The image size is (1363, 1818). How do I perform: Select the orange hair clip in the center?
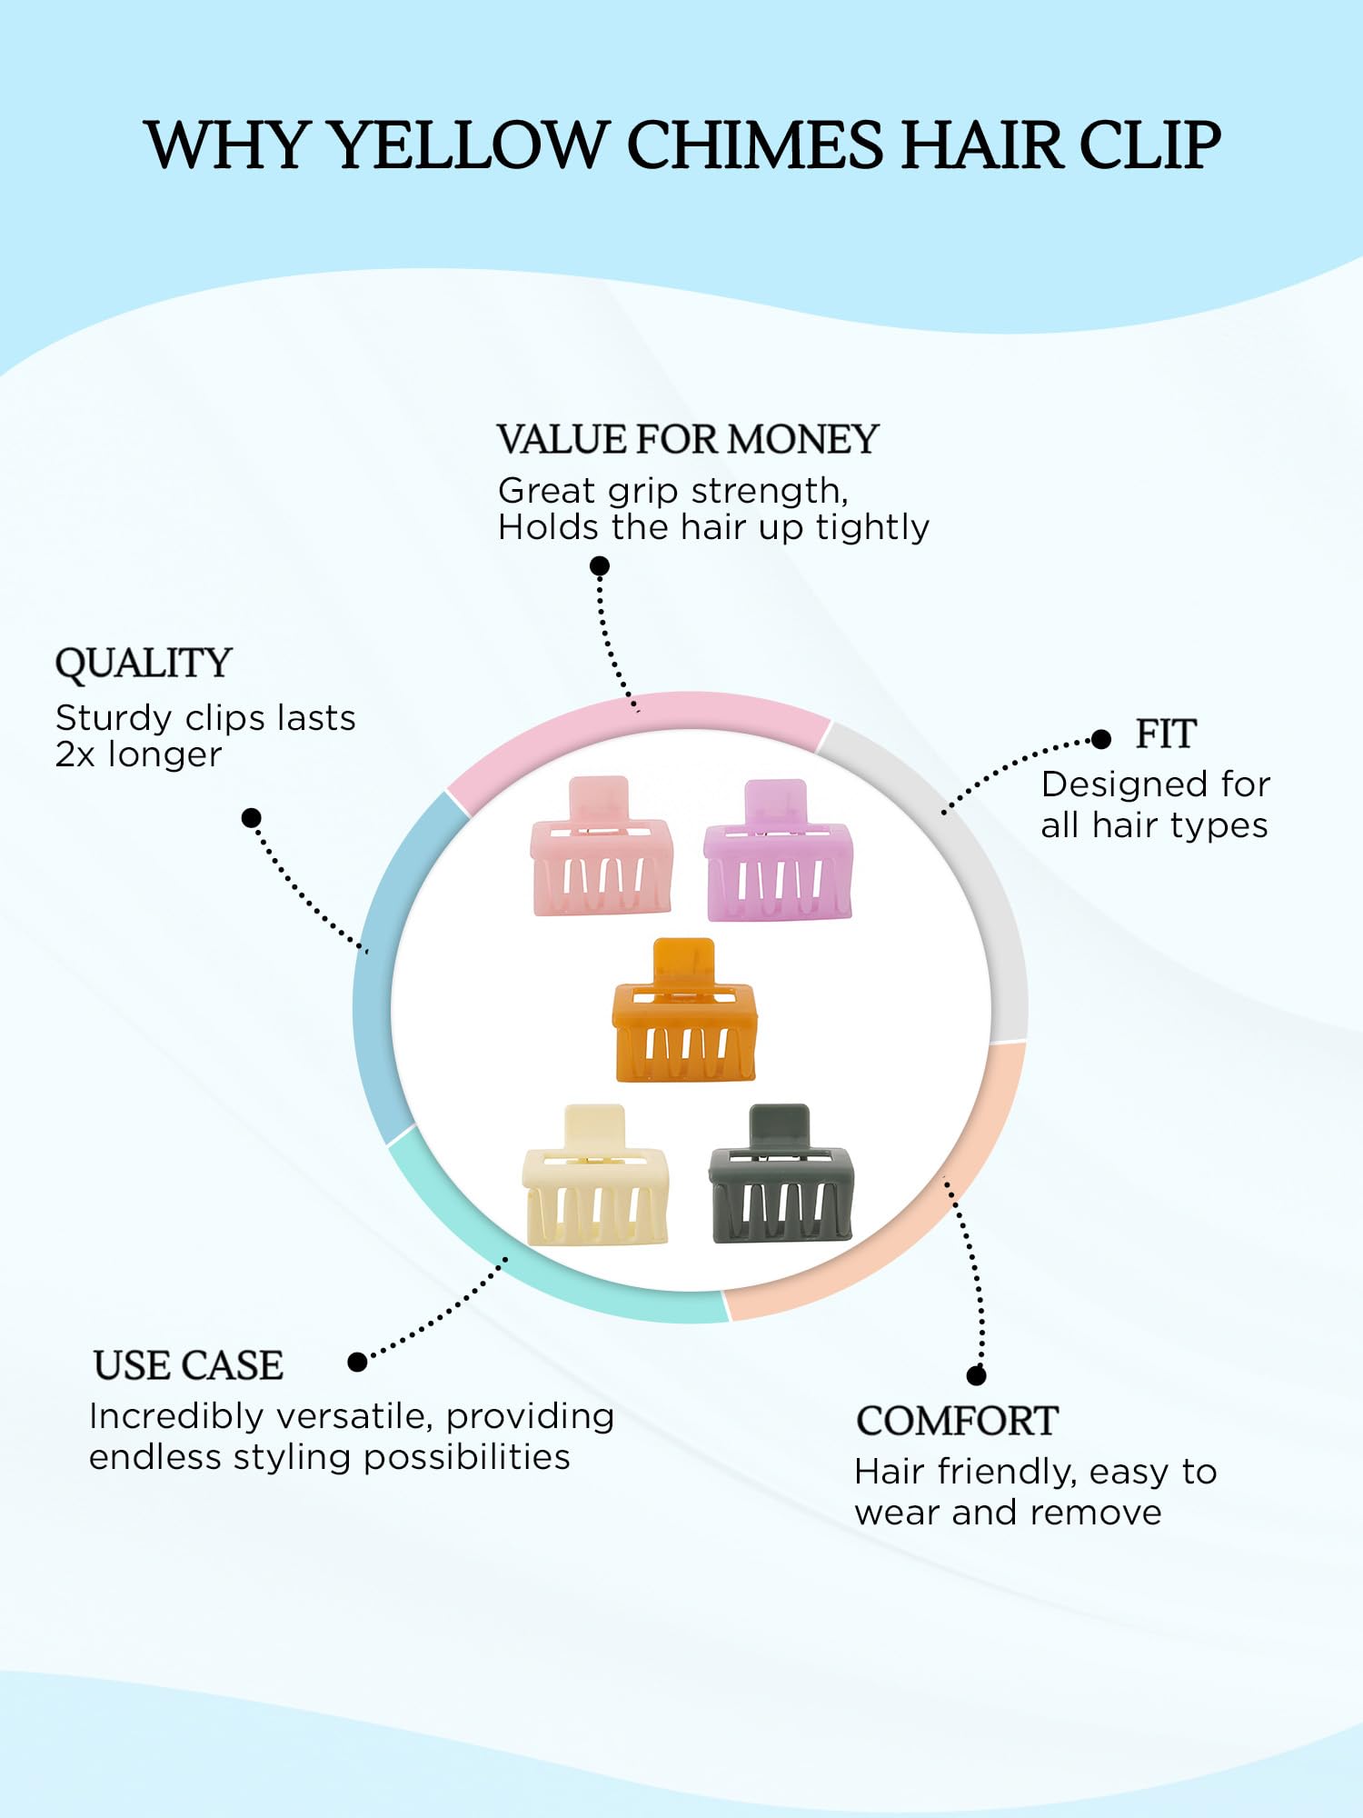pos(684,1018)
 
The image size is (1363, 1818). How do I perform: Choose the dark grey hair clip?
pos(781,1180)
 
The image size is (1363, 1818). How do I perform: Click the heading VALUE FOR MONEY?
pos(687,440)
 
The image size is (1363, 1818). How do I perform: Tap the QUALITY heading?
pos(144,664)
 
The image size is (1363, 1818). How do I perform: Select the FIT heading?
pos(1165,734)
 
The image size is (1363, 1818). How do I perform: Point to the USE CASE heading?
pos(188,1365)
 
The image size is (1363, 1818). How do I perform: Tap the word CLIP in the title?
pos(1149,145)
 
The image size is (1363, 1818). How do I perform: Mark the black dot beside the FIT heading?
pos(1101,739)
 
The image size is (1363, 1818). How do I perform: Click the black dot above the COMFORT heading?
pos(977,1375)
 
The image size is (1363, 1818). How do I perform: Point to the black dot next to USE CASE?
pos(357,1362)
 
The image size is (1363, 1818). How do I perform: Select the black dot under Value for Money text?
pos(600,566)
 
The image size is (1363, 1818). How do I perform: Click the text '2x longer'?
pos(138,754)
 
